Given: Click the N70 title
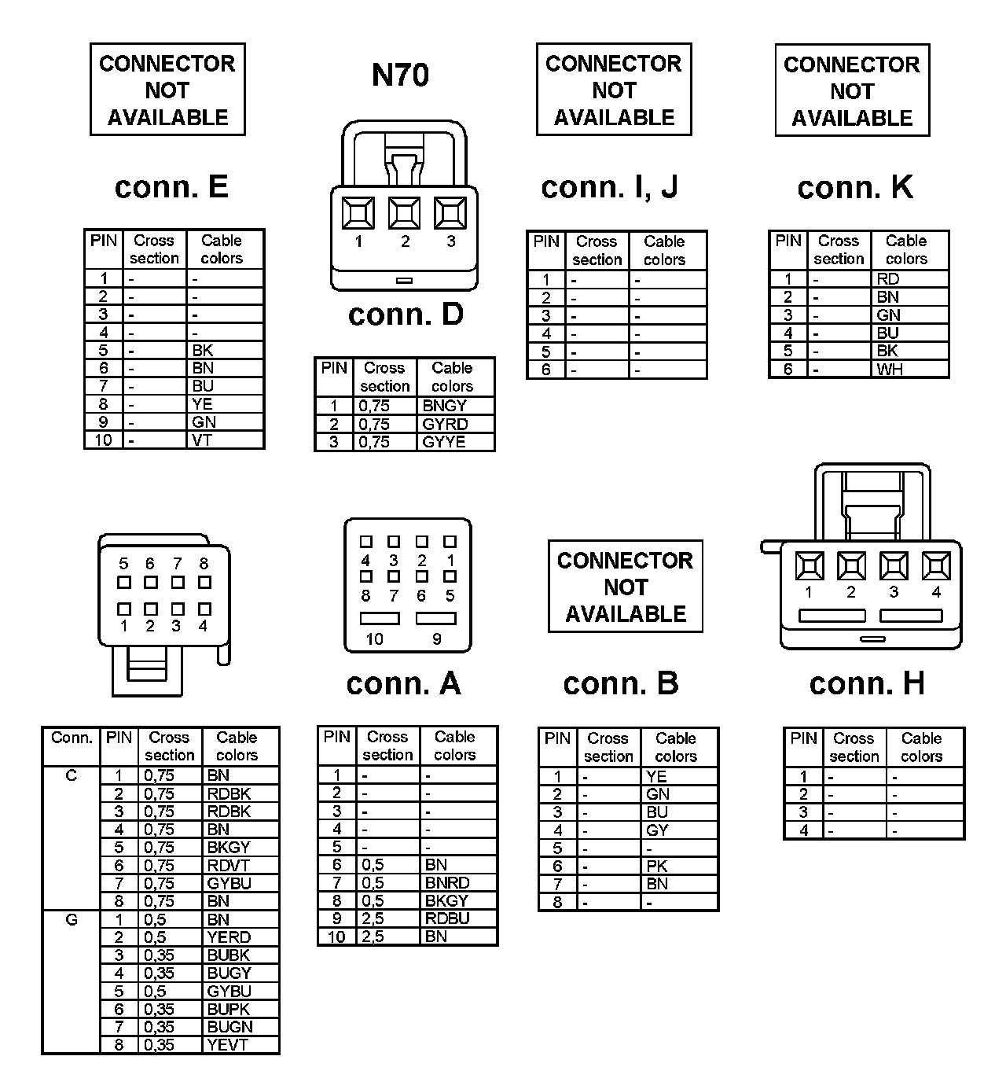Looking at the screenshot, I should click(x=400, y=75).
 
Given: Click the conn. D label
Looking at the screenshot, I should click(x=406, y=315).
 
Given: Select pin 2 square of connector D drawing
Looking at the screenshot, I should click(x=405, y=213).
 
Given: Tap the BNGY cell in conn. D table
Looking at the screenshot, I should click(x=445, y=407).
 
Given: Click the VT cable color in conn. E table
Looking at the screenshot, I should click(x=202, y=440).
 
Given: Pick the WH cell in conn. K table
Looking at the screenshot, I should click(x=890, y=370).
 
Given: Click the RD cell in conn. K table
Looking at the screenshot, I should click(x=888, y=279).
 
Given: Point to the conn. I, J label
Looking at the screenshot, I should click(x=609, y=187).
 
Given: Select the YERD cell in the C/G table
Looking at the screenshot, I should click(x=229, y=937).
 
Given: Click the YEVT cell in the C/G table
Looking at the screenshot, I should click(x=227, y=1045).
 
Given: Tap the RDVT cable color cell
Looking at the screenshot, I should click(x=228, y=866).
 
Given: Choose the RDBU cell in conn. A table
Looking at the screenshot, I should click(x=447, y=918).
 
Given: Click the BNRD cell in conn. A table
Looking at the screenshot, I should click(x=447, y=883).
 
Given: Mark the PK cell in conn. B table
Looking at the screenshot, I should click(x=657, y=867).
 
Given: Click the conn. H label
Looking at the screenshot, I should click(x=867, y=684).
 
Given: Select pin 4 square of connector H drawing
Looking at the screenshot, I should click(x=936, y=565).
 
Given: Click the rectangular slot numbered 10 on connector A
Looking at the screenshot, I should click(x=380, y=619).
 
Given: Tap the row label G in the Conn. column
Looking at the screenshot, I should click(x=72, y=919).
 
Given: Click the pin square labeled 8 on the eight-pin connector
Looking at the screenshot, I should click(x=204, y=583).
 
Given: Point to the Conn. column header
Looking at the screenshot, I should click(x=72, y=738).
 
